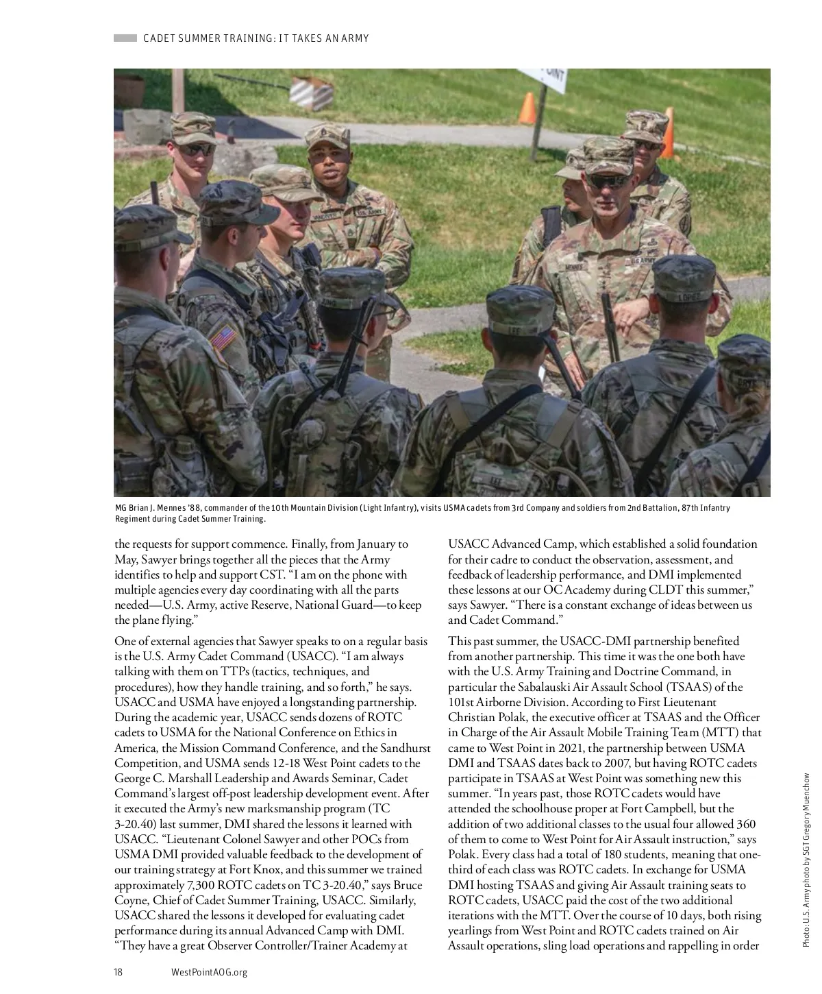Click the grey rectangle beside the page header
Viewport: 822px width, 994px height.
click(125, 38)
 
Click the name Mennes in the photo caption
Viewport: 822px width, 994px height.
click(166, 508)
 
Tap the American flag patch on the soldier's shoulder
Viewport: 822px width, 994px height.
click(222, 339)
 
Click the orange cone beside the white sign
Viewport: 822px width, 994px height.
click(526, 108)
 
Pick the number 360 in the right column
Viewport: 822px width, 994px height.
click(745, 824)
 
